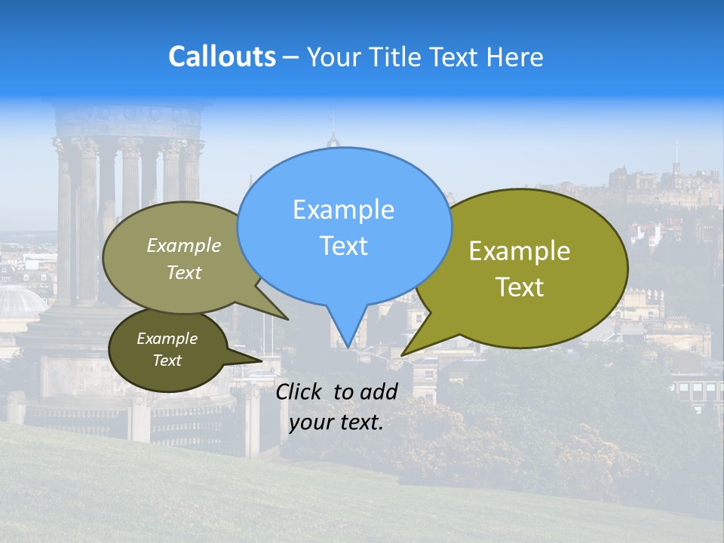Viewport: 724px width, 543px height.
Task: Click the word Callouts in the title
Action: tap(222, 57)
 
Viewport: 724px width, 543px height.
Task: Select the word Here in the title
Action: tap(515, 57)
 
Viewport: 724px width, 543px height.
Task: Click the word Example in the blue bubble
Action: tap(343, 210)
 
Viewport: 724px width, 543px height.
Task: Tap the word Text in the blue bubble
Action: tap(343, 246)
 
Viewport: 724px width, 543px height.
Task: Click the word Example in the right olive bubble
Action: tap(520, 251)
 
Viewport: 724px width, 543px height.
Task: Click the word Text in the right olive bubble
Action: tap(520, 287)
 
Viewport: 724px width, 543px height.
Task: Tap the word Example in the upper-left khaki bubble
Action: tap(184, 246)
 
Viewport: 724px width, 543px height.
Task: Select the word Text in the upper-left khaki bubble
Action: tap(184, 273)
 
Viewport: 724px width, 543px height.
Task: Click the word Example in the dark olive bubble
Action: tap(167, 339)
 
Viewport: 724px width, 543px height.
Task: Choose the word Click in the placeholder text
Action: tap(302, 391)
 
